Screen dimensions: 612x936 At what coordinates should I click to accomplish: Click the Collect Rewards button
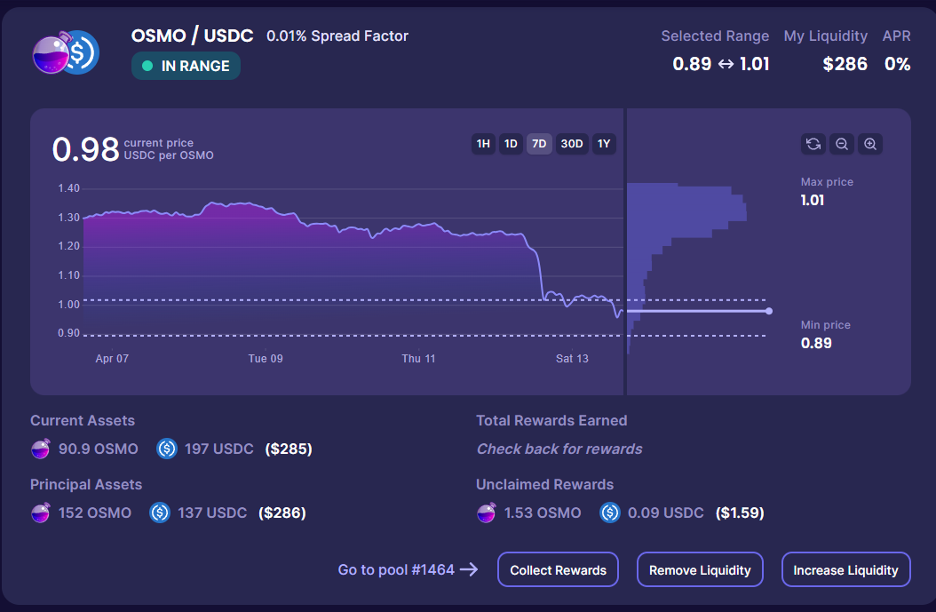[x=559, y=570]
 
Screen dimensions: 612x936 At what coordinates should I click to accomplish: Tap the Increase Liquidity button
[x=845, y=570]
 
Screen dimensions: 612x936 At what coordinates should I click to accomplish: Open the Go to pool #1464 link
[x=408, y=570]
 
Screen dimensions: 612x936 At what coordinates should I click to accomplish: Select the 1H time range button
[x=483, y=144]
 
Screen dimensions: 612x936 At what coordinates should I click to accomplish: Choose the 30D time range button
[x=572, y=144]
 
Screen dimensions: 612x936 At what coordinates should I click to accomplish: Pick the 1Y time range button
[x=604, y=144]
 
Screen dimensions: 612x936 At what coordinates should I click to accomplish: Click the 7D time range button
[x=539, y=144]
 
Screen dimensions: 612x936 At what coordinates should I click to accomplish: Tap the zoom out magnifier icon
[x=842, y=144]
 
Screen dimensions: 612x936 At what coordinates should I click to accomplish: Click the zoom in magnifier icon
[x=870, y=144]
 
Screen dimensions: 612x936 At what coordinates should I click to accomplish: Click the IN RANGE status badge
[x=186, y=66]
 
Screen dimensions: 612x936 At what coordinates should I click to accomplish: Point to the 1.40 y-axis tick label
[x=68, y=188]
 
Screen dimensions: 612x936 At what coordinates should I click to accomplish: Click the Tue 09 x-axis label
[x=266, y=359]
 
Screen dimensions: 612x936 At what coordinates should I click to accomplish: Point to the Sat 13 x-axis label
[x=572, y=359]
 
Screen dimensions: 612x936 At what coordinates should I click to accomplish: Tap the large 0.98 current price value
[x=85, y=149]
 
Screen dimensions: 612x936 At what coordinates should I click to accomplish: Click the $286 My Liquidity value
[x=845, y=64]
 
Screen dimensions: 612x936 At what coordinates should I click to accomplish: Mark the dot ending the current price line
[x=769, y=311]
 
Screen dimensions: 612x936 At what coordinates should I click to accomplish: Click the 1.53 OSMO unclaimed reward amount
[x=543, y=513]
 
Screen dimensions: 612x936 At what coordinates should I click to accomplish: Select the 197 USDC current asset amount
[x=218, y=449]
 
